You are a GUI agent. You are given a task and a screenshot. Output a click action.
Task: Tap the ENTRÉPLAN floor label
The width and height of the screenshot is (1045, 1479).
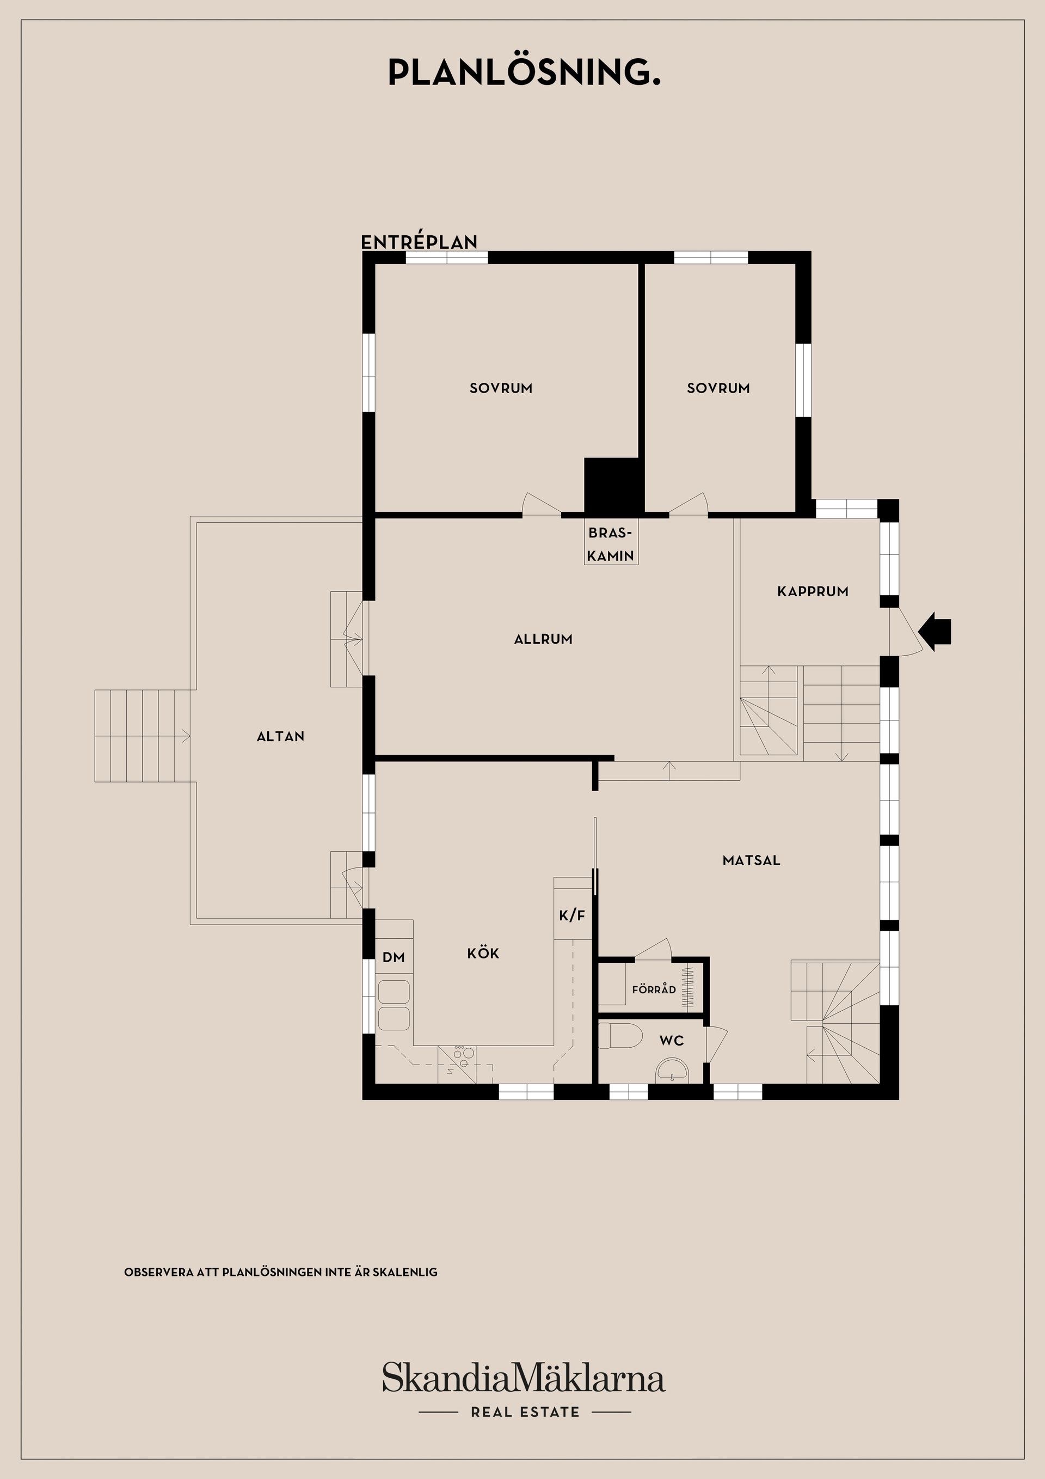click(419, 242)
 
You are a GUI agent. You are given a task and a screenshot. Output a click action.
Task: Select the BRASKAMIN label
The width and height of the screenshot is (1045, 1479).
click(610, 545)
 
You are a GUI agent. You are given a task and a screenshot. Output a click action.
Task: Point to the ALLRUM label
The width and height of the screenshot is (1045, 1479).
click(543, 639)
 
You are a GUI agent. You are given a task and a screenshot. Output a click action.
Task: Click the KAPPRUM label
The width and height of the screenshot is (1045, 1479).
click(813, 591)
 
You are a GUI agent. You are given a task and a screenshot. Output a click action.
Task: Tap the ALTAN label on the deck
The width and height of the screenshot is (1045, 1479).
click(280, 736)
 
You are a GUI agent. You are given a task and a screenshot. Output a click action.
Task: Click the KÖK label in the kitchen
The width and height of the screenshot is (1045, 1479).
click(483, 954)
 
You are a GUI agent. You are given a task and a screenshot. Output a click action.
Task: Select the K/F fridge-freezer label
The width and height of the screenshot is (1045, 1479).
click(571, 915)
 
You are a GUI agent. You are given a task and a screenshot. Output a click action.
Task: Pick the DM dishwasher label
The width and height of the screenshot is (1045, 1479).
click(394, 957)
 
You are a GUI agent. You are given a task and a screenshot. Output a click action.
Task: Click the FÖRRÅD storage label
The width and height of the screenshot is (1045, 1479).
click(654, 989)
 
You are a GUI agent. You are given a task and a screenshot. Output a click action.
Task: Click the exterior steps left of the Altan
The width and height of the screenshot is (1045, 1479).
click(142, 736)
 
